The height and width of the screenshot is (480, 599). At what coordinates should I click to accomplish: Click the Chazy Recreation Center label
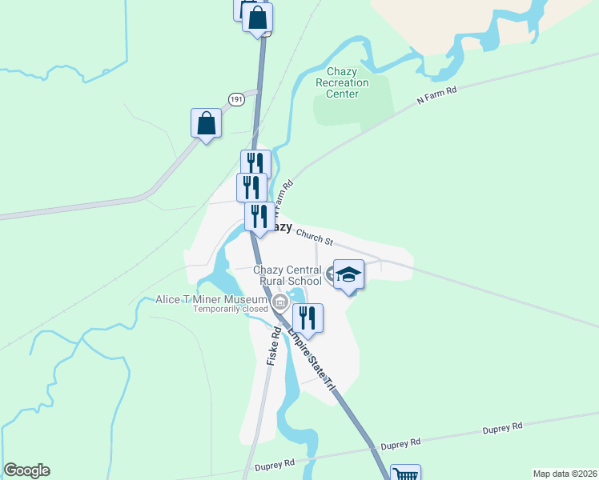342,82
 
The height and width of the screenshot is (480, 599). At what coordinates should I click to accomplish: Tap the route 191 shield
235,99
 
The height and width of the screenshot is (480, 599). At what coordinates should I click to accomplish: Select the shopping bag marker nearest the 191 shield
206,123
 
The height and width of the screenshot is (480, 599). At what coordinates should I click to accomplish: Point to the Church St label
313,234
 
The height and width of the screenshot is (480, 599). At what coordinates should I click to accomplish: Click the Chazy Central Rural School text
287,275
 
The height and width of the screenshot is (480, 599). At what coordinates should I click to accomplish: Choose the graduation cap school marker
348,274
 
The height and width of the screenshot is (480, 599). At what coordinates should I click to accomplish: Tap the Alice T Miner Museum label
211,300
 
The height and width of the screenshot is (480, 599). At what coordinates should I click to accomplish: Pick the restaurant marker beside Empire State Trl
307,318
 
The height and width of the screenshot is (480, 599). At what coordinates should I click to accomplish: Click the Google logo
26,470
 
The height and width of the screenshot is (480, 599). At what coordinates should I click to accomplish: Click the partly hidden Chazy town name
279,226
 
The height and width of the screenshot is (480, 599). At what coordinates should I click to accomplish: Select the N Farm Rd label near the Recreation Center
436,97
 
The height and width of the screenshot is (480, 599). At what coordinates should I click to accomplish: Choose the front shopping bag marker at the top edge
257,18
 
